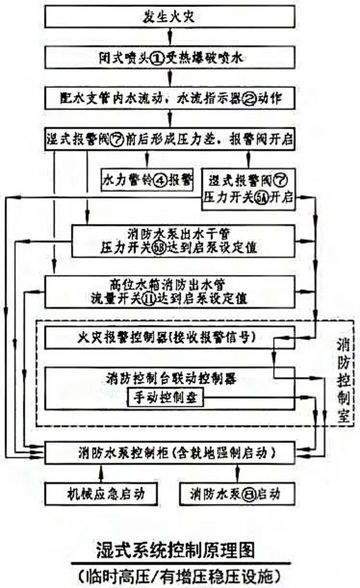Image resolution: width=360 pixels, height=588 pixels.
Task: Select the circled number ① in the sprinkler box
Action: pyautogui.click(x=157, y=59)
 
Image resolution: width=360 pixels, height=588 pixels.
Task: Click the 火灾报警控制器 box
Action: pyautogui.click(x=170, y=338)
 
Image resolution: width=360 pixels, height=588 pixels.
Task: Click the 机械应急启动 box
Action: pyautogui.click(x=102, y=494)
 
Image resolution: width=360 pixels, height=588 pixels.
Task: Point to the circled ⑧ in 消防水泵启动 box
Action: pyautogui.click(x=248, y=494)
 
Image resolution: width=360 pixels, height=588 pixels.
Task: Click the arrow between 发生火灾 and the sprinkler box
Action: pyautogui.click(x=171, y=37)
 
